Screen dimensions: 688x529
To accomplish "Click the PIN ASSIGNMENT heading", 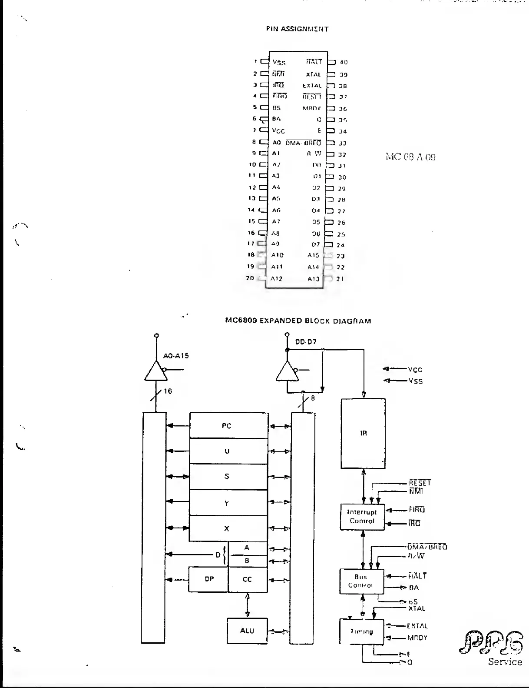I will (297, 29).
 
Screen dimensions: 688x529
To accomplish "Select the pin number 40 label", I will (344, 63).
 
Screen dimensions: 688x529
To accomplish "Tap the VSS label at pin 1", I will (279, 63).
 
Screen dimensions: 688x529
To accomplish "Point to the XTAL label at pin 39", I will (313, 75).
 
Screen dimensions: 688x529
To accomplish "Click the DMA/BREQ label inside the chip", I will (304, 143).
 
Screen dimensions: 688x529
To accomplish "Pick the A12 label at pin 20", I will (277, 279).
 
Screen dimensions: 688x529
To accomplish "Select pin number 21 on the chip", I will (340, 279).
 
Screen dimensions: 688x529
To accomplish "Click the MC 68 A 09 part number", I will (410, 157).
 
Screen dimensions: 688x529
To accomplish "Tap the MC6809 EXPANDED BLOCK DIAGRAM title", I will (298, 321).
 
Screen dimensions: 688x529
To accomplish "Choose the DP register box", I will (208, 579).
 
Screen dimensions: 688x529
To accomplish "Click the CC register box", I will (248, 579).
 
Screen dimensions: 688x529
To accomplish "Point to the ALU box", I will (247, 631).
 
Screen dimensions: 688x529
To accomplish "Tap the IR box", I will (363, 433).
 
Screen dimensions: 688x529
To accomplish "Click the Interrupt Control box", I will (362, 517).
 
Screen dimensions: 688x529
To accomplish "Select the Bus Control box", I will (361, 581).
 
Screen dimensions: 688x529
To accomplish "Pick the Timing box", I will (361, 631).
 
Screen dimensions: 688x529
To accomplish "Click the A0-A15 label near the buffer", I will (176, 356).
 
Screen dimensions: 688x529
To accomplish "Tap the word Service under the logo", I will (505, 662).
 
